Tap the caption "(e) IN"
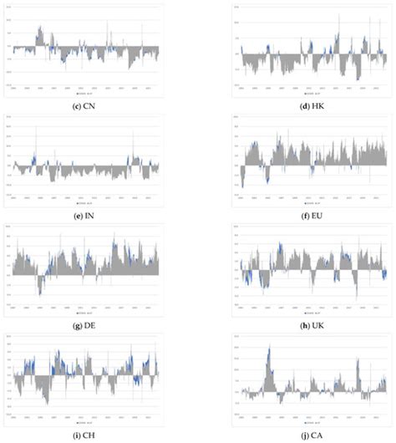tap(85, 213)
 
